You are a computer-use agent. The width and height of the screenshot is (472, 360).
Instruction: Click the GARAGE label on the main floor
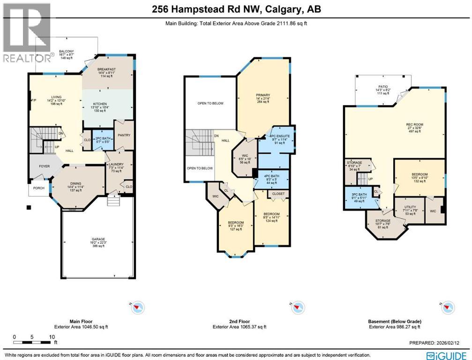(x=98, y=239)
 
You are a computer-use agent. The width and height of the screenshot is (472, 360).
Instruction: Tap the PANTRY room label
(x=125, y=135)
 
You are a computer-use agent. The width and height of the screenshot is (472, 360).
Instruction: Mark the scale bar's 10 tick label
(x=52, y=337)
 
